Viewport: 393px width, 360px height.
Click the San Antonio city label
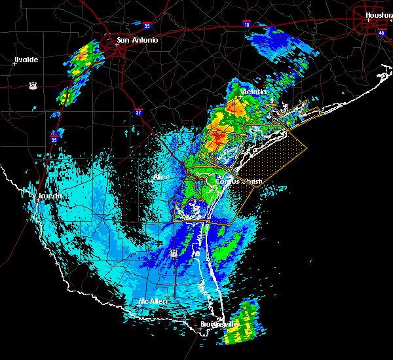coord(138,40)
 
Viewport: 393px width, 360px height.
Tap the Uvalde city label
coord(26,60)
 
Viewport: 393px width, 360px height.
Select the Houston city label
coord(379,15)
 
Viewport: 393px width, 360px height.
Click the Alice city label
coord(161,177)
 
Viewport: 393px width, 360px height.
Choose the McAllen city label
coord(153,301)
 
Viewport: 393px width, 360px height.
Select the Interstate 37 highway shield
coord(138,112)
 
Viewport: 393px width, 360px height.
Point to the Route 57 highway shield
coord(32,85)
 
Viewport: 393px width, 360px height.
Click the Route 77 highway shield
coord(174,253)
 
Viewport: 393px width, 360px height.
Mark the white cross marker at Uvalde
coord(14,63)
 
